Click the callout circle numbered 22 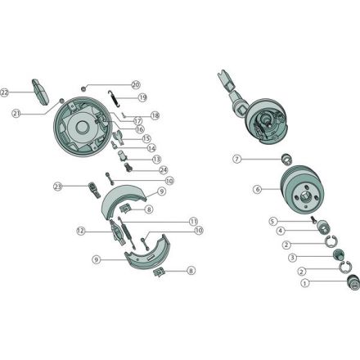[4, 92]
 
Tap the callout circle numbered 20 [136, 85]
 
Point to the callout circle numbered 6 [257, 189]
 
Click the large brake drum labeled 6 [302, 190]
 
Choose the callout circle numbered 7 [237, 159]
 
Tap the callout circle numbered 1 [305, 283]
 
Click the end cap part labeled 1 [353, 283]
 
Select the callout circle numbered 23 [57, 187]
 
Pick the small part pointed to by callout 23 [94, 190]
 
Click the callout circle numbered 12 [81, 231]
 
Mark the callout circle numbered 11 [193, 221]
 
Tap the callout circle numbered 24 [163, 170]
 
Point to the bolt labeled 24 [128, 167]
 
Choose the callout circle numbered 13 [156, 159]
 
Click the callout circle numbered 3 [292, 257]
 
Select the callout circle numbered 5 [272, 221]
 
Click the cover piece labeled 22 [40, 92]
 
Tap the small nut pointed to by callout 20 [83, 88]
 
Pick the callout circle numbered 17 [137, 120]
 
